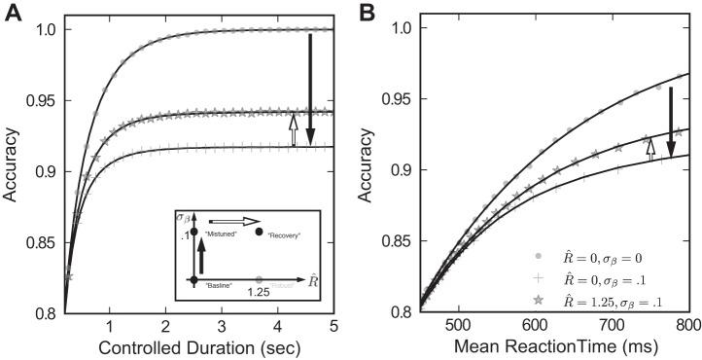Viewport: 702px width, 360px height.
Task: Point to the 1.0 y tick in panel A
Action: (x=45, y=30)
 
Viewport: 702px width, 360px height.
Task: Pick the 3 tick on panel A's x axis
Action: (x=222, y=325)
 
